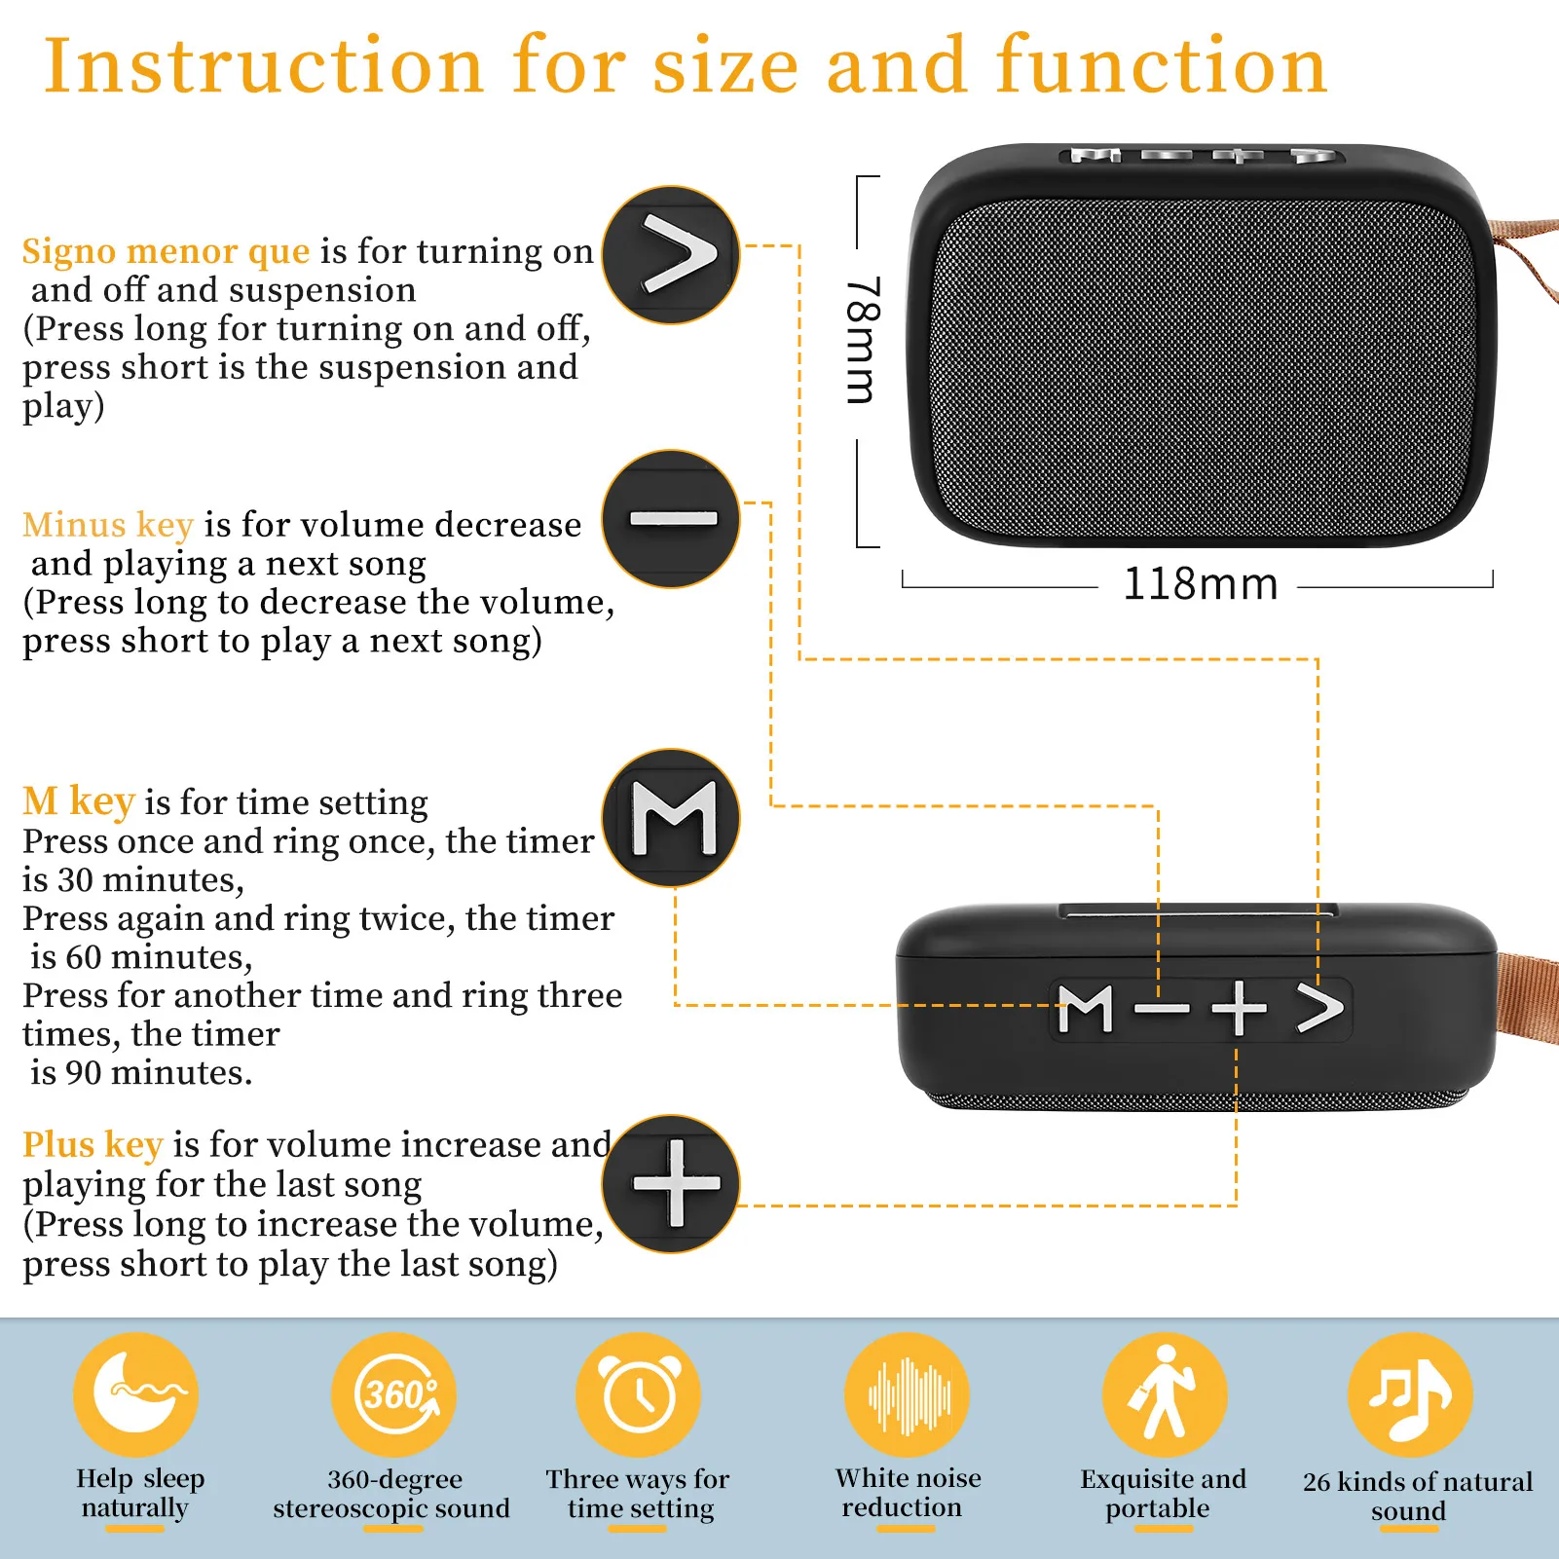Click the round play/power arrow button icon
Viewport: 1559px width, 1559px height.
tap(671, 255)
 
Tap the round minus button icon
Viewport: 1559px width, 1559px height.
tap(671, 519)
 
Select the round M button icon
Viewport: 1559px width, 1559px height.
tap(671, 818)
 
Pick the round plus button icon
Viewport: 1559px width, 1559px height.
tap(671, 1184)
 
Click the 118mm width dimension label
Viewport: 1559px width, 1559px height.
tap(1200, 584)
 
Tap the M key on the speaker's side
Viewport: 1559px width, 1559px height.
tap(1086, 1009)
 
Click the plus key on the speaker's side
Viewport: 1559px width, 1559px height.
tap(1239, 1009)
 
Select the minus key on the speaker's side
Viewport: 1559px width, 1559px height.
tap(1163, 1009)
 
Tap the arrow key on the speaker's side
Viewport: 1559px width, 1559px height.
tap(1320, 1008)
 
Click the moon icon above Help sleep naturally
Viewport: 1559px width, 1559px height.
tap(135, 1394)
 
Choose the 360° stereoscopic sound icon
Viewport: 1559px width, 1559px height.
tap(393, 1394)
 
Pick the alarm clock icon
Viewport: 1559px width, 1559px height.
tap(639, 1394)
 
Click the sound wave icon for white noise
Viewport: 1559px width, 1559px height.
tap(907, 1394)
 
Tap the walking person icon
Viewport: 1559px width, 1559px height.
tap(1165, 1394)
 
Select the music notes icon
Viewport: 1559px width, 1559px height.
tap(1410, 1394)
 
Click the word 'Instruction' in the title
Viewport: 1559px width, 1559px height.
tap(265, 66)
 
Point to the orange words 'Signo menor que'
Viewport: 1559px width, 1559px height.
tap(167, 252)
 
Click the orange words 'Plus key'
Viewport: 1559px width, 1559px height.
tap(93, 1145)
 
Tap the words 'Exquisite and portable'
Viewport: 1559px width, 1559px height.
tap(1163, 1494)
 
